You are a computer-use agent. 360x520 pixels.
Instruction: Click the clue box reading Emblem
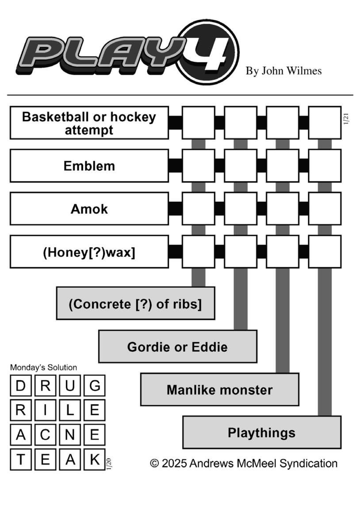pos(89,166)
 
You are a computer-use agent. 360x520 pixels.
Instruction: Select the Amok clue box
pos(89,209)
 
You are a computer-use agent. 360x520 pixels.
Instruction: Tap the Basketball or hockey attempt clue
pos(89,123)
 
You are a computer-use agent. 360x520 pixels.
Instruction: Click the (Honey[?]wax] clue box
pos(89,252)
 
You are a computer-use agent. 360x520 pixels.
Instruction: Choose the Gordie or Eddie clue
pos(177,347)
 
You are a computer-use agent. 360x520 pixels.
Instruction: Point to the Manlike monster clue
pos(220,389)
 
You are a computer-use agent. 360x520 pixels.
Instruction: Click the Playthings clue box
pos(262,432)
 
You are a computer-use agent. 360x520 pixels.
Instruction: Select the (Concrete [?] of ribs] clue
pos(135,303)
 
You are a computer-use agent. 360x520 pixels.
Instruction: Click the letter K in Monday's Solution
pos(95,460)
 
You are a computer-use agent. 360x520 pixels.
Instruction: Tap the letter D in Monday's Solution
pos(21,386)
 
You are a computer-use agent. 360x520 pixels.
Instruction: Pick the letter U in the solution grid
pos(70,386)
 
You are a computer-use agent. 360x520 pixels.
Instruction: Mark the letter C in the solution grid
pos(45,435)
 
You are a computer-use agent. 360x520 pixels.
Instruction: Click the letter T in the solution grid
pos(21,460)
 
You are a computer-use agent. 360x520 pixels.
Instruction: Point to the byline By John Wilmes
pos(283,71)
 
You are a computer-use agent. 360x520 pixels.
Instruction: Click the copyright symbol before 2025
pos(154,463)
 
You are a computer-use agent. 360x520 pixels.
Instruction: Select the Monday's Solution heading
pos(43,367)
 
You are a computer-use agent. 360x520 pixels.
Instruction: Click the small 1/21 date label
pos(346,119)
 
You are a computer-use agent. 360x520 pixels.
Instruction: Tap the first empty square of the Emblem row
pos(199,166)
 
